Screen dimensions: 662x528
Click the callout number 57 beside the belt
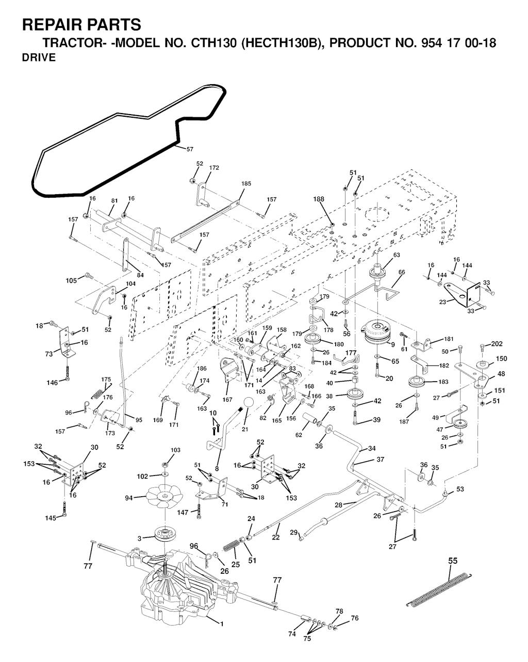pos(190,149)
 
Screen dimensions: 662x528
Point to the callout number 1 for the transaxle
pos(221,624)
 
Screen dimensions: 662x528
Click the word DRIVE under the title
pos(39,58)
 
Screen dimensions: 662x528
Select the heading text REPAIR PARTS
pos(81,25)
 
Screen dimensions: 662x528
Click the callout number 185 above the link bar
pos(246,184)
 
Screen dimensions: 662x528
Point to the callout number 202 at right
pos(497,344)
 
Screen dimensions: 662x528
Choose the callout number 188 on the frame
pos(319,199)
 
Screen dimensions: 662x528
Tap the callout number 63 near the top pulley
pos(396,255)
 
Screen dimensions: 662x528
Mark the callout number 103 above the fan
pos(176,450)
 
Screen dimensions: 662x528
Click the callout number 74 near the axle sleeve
pos(292,634)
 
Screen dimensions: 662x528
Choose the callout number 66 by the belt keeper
pos(402,272)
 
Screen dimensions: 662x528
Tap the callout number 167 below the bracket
pos(227,399)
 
